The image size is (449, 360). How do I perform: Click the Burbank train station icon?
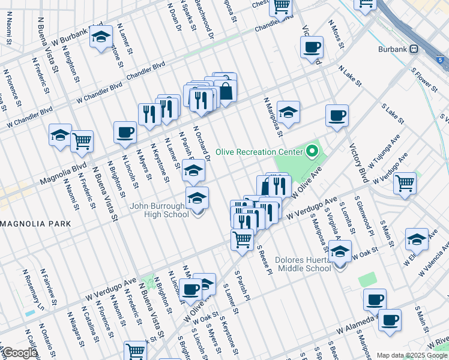click(413, 49)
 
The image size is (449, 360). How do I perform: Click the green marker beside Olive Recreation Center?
click(311, 151)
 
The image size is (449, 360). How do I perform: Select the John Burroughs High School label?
click(160, 211)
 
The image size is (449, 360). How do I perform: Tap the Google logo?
click(19, 353)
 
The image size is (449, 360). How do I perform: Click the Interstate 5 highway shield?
click(441, 61)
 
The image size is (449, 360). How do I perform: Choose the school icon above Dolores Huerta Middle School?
click(340, 252)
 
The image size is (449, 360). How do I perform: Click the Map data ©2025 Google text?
click(412, 355)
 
